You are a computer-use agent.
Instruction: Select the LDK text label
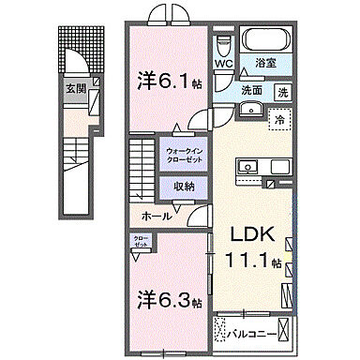247,233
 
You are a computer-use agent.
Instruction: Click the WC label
226,63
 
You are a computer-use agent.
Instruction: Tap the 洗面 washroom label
252,91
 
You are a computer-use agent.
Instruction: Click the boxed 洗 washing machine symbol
282,92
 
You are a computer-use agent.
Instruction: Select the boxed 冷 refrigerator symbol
278,120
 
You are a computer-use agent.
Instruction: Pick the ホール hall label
157,216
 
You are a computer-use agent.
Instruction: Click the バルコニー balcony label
263,331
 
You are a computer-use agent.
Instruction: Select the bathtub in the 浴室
268,40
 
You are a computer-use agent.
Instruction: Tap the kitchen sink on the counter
249,167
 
